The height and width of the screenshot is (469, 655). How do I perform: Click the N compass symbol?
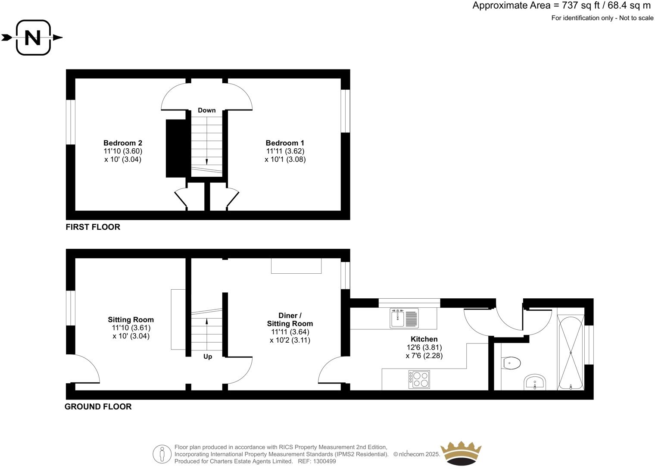click(x=33, y=38)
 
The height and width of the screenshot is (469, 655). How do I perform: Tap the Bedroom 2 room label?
click(x=123, y=143)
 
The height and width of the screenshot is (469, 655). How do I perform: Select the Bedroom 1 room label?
click(x=285, y=143)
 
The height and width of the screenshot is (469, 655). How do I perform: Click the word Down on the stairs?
click(x=207, y=110)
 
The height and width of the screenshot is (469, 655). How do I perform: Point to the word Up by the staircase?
click(x=208, y=356)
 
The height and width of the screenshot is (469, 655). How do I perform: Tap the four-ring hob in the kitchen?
click(x=419, y=379)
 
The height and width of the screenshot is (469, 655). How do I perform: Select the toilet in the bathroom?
click(x=512, y=363)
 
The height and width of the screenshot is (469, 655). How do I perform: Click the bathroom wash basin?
click(x=535, y=382)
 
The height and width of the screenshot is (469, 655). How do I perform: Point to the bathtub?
click(x=571, y=353)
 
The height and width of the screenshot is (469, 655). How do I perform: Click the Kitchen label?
click(x=424, y=339)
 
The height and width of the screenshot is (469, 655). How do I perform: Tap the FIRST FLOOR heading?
click(x=93, y=227)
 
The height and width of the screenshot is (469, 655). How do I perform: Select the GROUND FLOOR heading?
click(x=98, y=406)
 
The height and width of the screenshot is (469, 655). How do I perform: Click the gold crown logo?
click(x=461, y=453)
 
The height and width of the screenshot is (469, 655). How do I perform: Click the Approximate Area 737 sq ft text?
click(x=561, y=6)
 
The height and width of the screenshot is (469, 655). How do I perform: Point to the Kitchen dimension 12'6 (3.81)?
click(x=424, y=347)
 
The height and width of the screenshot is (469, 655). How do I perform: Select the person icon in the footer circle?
click(x=162, y=454)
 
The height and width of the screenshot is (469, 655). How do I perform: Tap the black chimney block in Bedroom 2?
click(x=176, y=148)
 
